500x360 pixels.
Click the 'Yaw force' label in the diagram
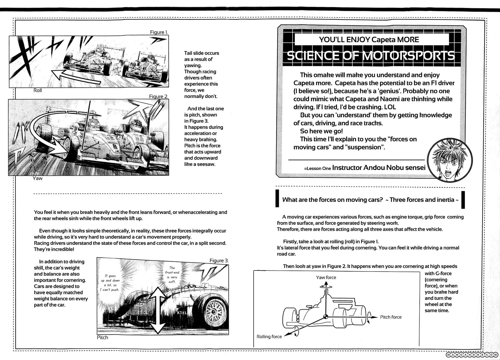click(326, 277)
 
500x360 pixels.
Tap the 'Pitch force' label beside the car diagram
click(391, 317)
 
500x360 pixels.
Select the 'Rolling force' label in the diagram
click(269, 336)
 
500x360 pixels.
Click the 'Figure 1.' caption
click(159, 32)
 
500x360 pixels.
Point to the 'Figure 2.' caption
click(158, 96)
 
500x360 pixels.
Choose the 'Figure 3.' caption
click(219, 261)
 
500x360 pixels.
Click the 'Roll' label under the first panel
click(38, 90)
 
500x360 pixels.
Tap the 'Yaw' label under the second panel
click(37, 178)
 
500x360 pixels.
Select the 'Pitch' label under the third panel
click(102, 338)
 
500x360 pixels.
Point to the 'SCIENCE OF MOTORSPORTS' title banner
click(371, 56)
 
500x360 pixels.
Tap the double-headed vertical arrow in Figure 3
click(158, 310)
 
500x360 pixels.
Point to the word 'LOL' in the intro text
click(389, 107)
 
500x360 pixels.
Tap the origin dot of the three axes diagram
click(326, 317)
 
